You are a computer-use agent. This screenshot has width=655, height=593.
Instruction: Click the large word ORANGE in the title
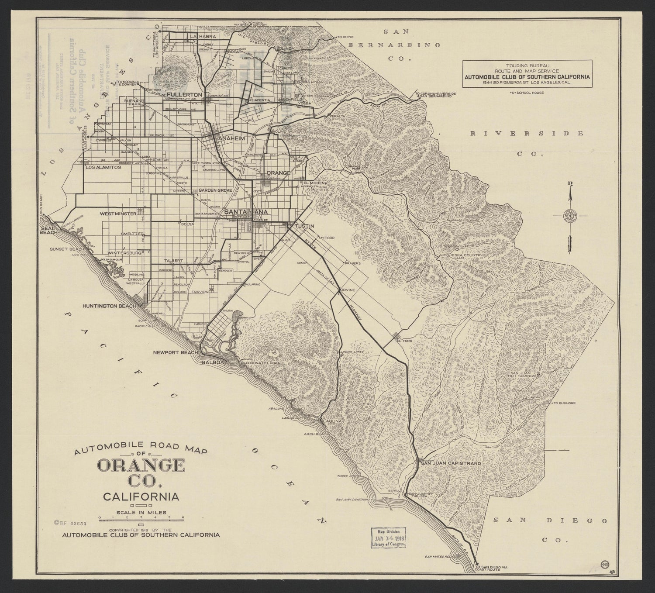pos(141,466)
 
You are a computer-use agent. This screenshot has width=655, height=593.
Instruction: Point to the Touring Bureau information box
pos(527,72)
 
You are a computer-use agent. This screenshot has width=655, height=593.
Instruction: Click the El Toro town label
pos(405,340)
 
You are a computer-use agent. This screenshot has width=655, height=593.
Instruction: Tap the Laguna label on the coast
pos(329,421)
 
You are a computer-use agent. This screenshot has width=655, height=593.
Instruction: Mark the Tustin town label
pos(303,226)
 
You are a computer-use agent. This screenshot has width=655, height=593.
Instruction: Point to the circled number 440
pos(605,564)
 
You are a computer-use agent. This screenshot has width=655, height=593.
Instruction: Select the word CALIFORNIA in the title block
pos(140,496)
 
